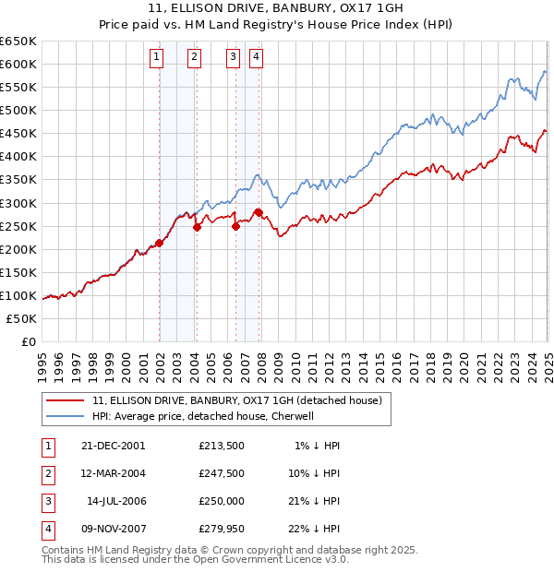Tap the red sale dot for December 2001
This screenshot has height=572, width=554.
[x=159, y=243]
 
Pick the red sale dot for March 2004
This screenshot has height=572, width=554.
[x=197, y=227]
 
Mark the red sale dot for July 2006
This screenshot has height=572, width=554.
[x=235, y=226]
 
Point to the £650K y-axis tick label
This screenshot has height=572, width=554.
[x=18, y=42]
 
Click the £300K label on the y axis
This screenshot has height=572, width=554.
[x=18, y=203]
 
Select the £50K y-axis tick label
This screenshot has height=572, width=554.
[x=20, y=318]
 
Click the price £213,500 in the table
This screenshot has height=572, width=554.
[x=222, y=446]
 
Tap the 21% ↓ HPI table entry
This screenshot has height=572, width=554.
[x=319, y=501]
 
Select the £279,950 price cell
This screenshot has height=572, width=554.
[x=222, y=529]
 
